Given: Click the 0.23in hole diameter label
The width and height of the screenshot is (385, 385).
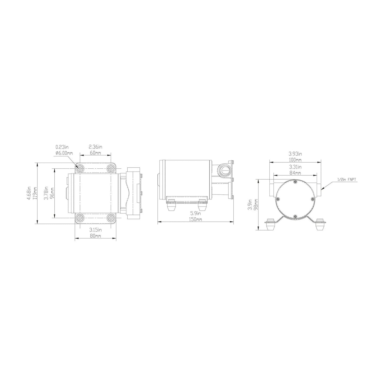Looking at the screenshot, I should point(61,147).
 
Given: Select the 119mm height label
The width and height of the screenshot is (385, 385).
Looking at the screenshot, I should point(34,194).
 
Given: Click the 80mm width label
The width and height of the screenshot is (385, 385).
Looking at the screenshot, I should point(95,236).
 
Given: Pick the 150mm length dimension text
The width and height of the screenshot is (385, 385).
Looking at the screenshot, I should point(195,219).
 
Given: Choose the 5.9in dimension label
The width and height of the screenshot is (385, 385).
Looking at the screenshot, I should point(196,213).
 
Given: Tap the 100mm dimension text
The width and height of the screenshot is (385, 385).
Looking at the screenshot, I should point(295,160).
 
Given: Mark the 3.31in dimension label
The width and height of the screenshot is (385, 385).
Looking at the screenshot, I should point(295,167).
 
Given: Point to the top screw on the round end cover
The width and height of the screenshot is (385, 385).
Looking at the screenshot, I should point(295,182).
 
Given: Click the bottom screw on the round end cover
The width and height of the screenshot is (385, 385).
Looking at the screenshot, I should point(295,217).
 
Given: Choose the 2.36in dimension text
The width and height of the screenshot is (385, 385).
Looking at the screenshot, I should point(95,147).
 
